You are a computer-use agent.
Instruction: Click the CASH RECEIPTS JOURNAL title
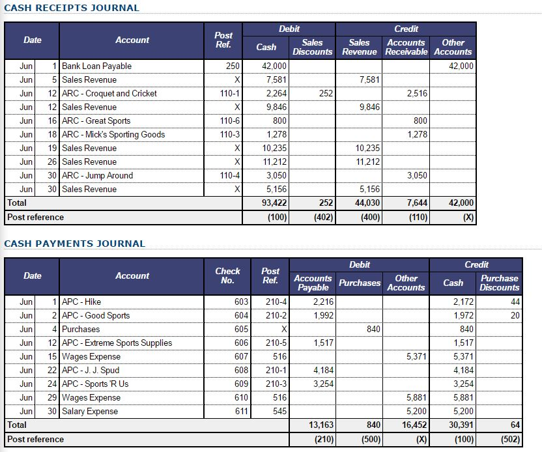(72, 8)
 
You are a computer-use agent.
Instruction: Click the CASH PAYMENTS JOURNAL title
(75, 244)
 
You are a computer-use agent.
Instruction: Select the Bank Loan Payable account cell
(96, 66)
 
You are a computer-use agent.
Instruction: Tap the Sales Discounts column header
(313, 47)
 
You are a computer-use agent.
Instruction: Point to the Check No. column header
(227, 275)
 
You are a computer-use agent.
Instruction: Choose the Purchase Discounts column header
(499, 283)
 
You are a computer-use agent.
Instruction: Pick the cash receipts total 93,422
(274, 203)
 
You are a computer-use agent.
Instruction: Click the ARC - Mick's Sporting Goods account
(113, 134)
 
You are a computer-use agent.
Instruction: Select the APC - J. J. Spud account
(91, 370)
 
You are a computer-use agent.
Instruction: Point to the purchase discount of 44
(515, 302)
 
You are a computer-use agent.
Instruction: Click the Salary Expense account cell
(90, 411)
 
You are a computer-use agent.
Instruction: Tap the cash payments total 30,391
(462, 425)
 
